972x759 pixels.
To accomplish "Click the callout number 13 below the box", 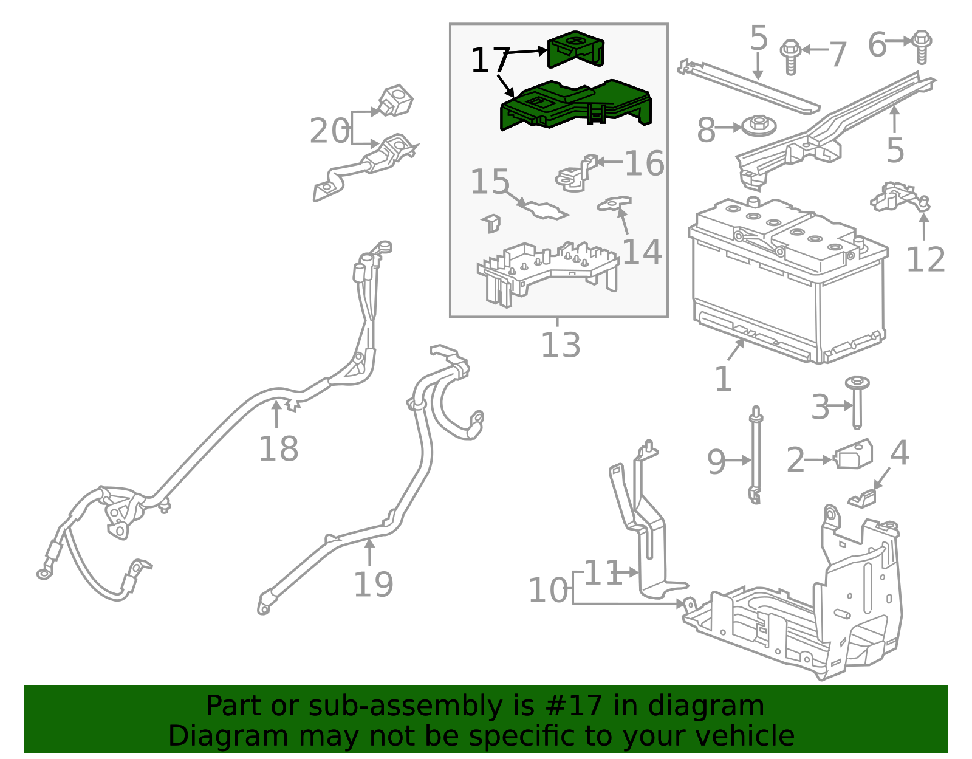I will (560, 345).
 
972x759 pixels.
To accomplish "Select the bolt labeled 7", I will (790, 57).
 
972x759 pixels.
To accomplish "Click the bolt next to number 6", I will (922, 46).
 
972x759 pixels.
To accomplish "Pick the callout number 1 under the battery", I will (722, 379).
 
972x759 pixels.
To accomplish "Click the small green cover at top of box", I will (575, 50).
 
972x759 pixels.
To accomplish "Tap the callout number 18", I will (278, 449).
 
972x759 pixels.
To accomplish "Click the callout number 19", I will (373, 584).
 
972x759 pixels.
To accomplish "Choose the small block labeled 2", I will (854, 455).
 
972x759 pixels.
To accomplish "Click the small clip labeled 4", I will (862, 498).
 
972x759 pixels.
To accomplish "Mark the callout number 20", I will (329, 131).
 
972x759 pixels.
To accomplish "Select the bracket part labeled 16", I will (573, 174).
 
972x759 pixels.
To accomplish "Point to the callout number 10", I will (548, 590).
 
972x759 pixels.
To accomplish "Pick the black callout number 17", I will (489, 61).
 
